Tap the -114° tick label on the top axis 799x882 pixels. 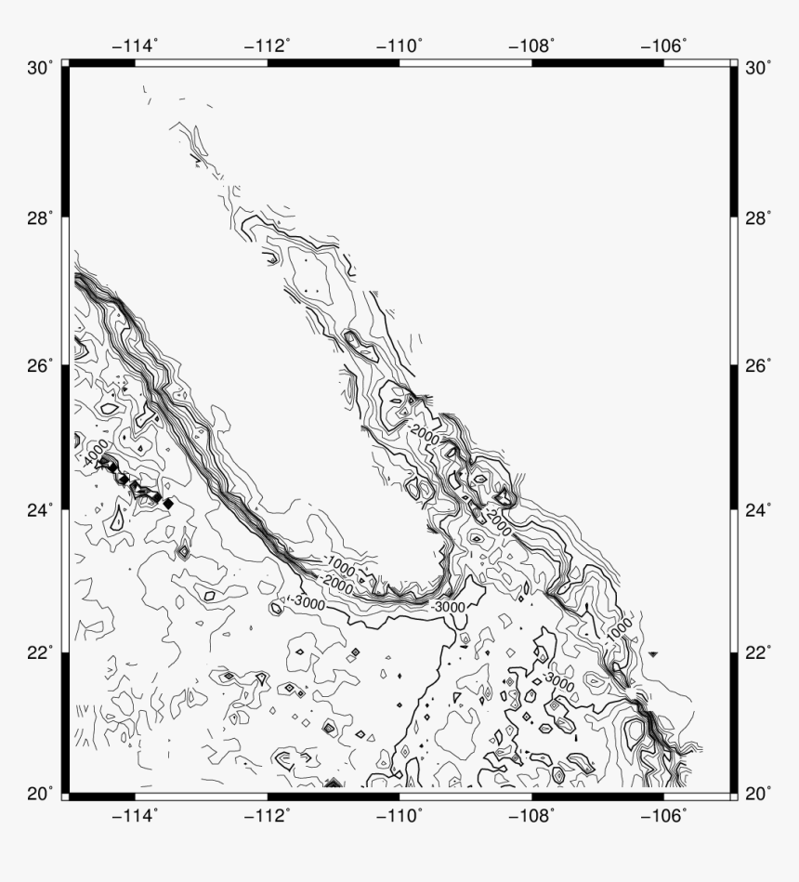point(136,45)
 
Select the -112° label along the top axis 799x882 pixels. point(268,45)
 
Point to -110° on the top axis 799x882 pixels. point(399,45)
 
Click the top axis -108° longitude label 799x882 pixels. point(532,45)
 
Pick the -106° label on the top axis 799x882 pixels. point(664,45)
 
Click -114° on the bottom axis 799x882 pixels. point(136,815)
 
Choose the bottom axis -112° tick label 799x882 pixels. point(268,815)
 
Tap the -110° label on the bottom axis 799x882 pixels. point(399,815)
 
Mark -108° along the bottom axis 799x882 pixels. point(532,815)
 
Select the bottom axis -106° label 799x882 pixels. point(664,815)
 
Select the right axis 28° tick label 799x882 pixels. point(758,217)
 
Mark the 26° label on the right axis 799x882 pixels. point(758,365)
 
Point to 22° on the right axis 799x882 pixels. point(758,652)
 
